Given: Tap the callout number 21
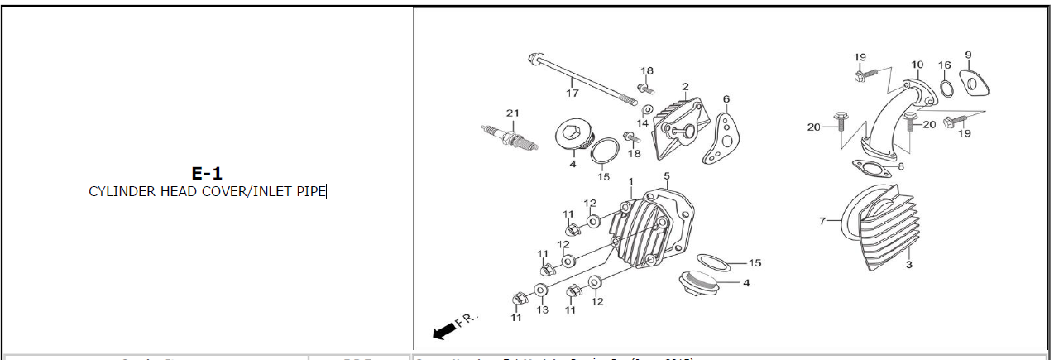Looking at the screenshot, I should click(x=512, y=113).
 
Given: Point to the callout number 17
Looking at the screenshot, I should click(x=573, y=93).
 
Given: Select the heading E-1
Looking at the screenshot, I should click(x=207, y=173).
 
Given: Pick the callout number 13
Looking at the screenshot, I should click(x=543, y=310).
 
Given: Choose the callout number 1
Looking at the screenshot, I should click(x=630, y=181).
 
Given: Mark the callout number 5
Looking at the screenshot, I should click(x=667, y=176).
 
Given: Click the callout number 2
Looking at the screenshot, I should click(x=686, y=87).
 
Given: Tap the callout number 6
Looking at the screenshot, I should click(x=726, y=99).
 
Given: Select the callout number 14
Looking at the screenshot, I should click(x=642, y=122).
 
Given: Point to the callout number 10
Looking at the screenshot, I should click(x=917, y=64).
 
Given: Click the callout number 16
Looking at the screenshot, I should click(x=944, y=65).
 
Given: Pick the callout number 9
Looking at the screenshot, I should click(x=968, y=55).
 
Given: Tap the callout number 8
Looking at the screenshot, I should click(x=901, y=166).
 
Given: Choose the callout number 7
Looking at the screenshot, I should click(x=822, y=221).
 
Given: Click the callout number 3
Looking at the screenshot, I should click(x=908, y=265).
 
